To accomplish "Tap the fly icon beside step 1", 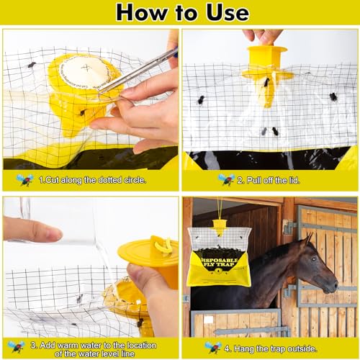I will (x=25, y=179).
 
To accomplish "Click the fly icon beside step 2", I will (x=228, y=179).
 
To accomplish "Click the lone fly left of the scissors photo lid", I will (x=32, y=65).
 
